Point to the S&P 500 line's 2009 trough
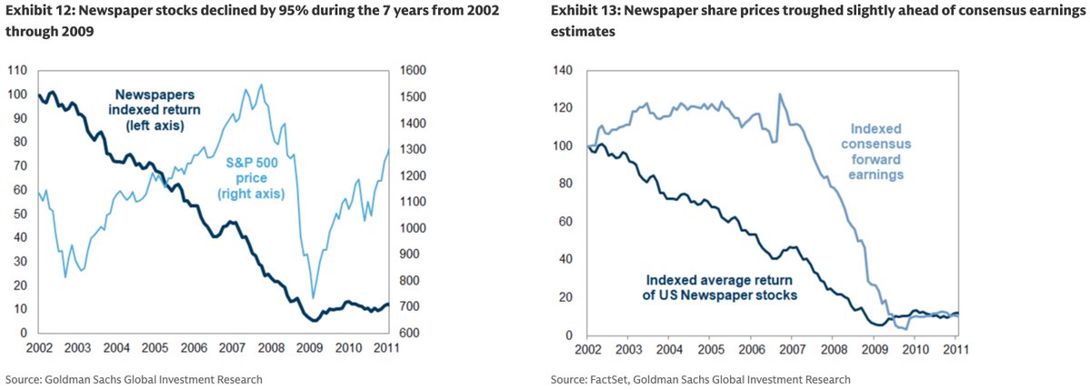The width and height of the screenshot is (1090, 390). click(x=314, y=297)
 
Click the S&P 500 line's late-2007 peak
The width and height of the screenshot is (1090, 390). click(x=262, y=85)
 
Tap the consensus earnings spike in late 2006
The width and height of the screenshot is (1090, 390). click(x=779, y=94)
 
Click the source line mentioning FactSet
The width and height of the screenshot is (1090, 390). click(x=700, y=379)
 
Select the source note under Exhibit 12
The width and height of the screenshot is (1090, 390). click(x=134, y=379)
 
